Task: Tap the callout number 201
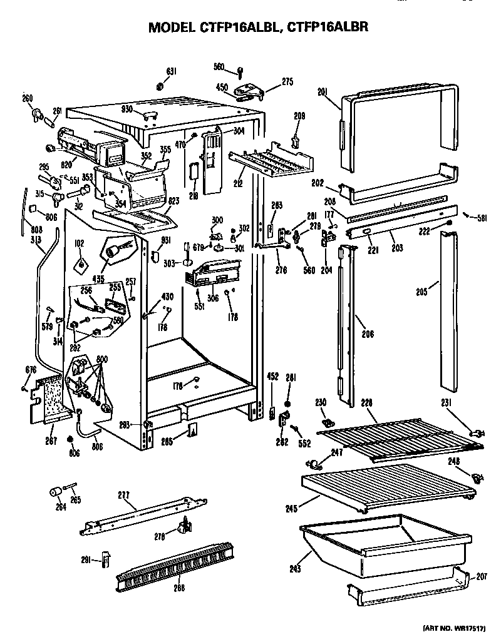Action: click(323, 93)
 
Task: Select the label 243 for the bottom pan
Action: click(296, 569)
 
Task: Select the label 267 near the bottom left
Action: click(51, 441)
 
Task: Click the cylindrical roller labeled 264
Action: click(56, 492)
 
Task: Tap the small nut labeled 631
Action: click(160, 85)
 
